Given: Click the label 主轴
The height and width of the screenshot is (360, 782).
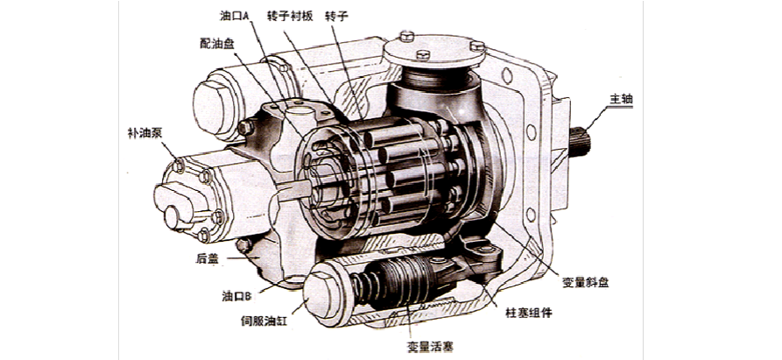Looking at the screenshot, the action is (x=620, y=99).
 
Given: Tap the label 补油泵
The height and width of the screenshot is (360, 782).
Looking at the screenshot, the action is (x=144, y=133).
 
